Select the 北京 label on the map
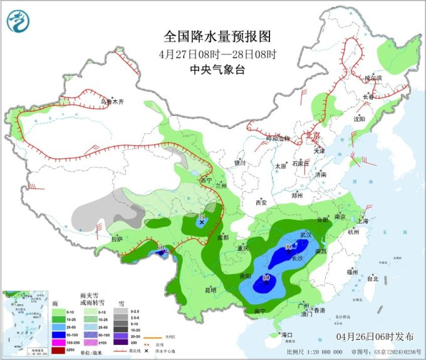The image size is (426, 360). coord(311,135)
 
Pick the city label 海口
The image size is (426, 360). coord(288,335)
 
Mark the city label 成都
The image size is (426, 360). coord(224,238)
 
